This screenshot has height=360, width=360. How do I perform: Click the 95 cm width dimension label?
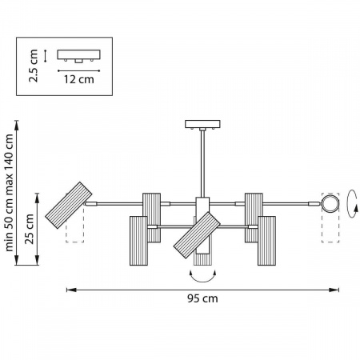click(x=202, y=298)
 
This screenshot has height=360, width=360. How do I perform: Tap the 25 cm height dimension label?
click(x=30, y=229)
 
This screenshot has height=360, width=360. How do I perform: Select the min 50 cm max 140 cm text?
click(x=9, y=193)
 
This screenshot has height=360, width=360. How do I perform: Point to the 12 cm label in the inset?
click(x=78, y=79)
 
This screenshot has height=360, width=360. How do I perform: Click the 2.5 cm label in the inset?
click(x=34, y=66)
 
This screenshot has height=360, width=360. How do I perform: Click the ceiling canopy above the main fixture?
click(x=202, y=124)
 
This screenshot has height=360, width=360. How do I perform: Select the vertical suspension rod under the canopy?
click(x=202, y=163)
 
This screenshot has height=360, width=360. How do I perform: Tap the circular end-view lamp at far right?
click(x=330, y=204)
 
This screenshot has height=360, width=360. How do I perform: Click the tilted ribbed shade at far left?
click(x=69, y=205)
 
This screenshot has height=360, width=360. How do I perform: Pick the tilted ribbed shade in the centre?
click(x=197, y=235)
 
